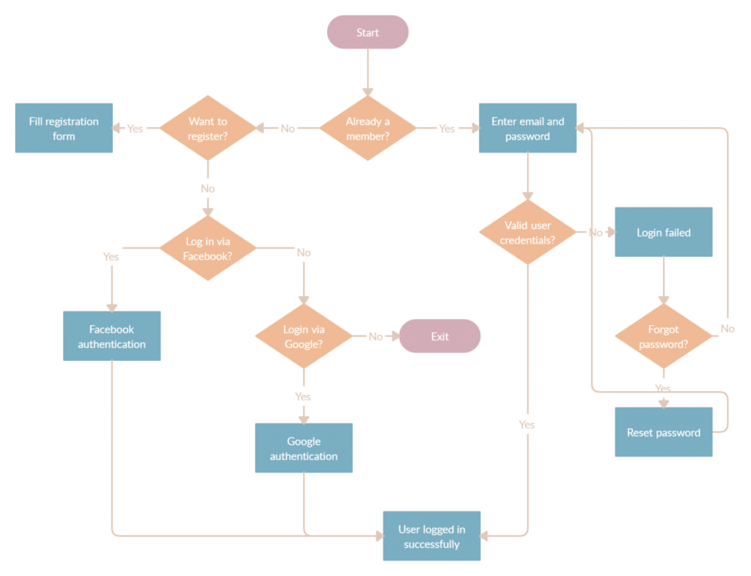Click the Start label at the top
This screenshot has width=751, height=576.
[x=367, y=33]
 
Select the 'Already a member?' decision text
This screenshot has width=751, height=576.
[x=367, y=129]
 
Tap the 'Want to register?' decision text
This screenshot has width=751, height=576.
[x=208, y=129]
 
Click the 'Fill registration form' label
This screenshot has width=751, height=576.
[x=64, y=129]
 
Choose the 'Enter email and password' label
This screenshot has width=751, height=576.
[x=528, y=129]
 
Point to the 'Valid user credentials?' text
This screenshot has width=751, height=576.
[x=528, y=233]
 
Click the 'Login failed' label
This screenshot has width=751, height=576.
[x=664, y=233]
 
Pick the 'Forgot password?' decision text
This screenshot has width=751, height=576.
[x=664, y=337]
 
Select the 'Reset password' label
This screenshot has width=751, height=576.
[x=664, y=433]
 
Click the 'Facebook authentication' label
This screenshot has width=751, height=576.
[x=112, y=337]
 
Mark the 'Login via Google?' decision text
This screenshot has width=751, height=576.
[x=304, y=337]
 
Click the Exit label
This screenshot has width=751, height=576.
[x=440, y=337]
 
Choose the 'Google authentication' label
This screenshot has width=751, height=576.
[x=304, y=449]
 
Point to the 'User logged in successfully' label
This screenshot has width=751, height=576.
[x=432, y=537]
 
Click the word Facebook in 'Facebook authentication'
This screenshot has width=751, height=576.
[x=112, y=329]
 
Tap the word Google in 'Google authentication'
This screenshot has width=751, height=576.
[x=304, y=442]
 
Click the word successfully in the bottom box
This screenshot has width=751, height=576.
[x=432, y=544]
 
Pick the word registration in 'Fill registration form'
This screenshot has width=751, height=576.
[x=71, y=122]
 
